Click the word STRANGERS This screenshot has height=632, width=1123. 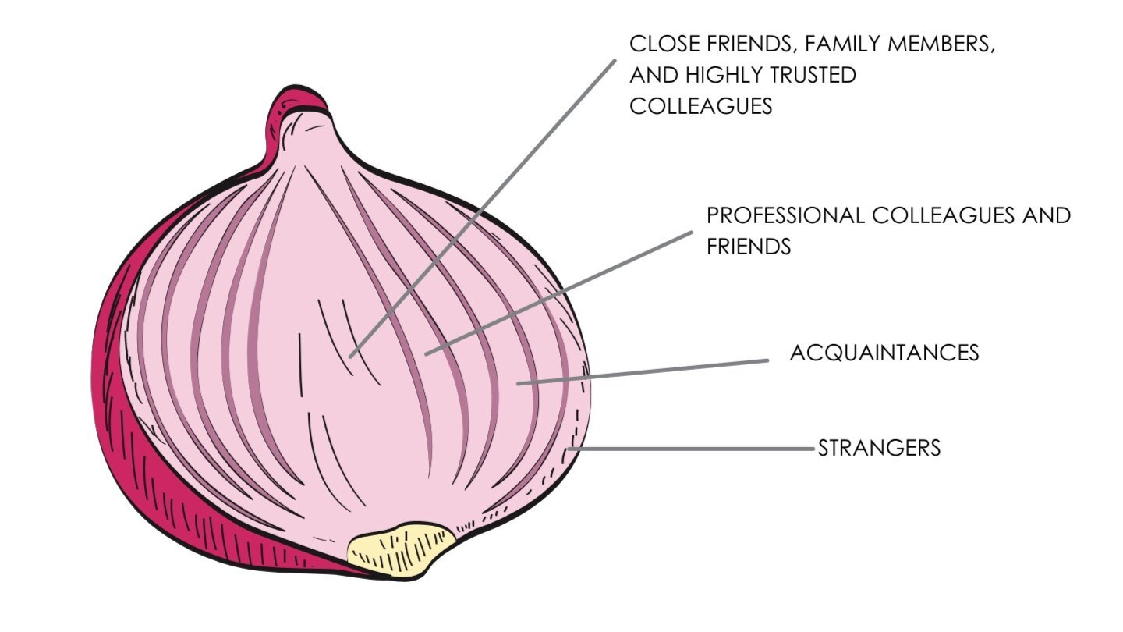point(879,449)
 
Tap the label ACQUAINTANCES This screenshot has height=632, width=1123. point(884,353)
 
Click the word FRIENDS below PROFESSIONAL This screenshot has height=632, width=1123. point(749,247)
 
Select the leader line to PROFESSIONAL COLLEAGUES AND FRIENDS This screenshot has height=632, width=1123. point(558,293)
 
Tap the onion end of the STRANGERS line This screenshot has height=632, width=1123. point(572,449)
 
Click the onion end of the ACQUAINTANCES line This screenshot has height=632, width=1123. point(518,383)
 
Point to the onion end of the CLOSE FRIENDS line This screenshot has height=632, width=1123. point(352,356)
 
